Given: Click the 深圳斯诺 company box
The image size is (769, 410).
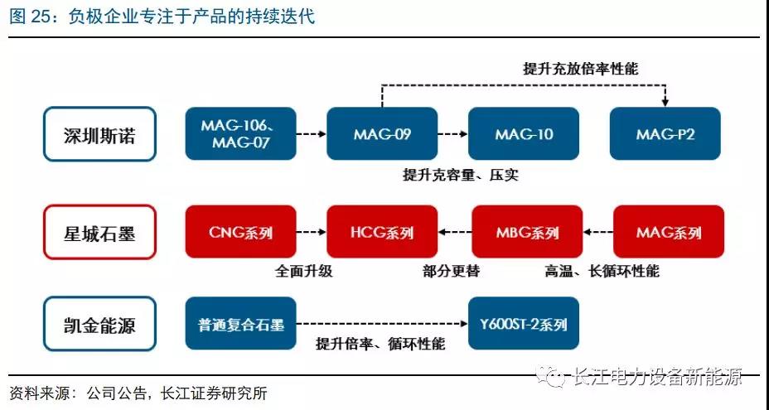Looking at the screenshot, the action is pos(99,134).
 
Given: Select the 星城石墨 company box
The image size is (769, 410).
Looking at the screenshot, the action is pos(99,232).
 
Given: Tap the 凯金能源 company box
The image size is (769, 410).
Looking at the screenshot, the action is pos(99,324).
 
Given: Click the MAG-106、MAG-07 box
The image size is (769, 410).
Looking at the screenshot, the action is pos(241,133).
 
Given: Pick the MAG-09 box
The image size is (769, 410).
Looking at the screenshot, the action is pos(382,133).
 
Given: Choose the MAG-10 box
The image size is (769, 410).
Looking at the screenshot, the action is pos(524,133).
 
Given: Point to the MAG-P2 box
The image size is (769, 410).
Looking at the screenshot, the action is pos(665,133).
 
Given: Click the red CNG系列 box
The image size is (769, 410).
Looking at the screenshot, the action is pos(241,231).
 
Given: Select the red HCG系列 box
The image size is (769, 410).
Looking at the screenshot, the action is pos(382,231).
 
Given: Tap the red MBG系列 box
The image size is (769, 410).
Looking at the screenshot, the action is pos(527,231).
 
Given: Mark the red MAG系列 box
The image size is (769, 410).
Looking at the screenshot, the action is pos(669,231).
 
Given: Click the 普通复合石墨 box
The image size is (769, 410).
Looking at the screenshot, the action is pos(241,323).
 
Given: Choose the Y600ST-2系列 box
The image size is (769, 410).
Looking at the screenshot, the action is pos(524,323).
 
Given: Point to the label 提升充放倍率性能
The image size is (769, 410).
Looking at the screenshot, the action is pos(581,69).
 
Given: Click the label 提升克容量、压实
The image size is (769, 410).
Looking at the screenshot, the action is pos(461,175).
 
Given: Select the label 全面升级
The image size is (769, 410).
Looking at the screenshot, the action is pos(303,271).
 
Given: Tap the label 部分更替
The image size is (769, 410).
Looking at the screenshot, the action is pos(451,271).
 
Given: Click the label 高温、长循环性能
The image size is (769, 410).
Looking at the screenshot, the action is pos(602,271).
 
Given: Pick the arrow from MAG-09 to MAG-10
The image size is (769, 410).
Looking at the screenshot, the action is pos(452,134).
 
